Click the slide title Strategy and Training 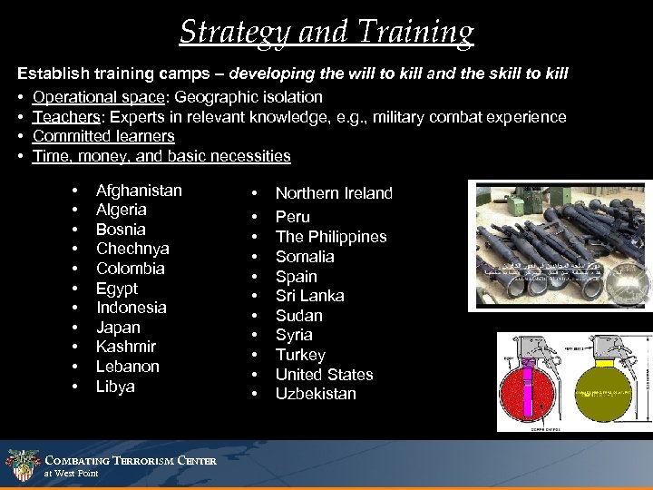tap(326, 32)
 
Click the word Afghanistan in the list tap(139, 191)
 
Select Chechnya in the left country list tap(132, 249)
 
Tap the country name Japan tap(118, 327)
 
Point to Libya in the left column tap(115, 387)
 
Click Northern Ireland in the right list tap(334, 193)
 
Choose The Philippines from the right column tap(330, 237)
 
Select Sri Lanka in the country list tap(309, 296)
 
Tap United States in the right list tap(324, 375)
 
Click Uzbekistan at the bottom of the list tap(316, 394)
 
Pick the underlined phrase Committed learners tap(103, 136)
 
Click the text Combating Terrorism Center tap(130, 461)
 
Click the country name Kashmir tap(125, 347)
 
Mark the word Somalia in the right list tap(305, 257)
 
